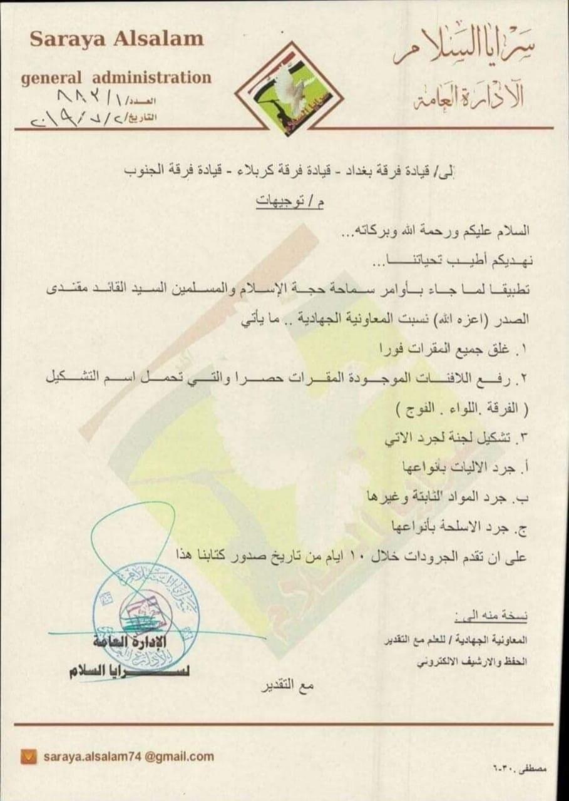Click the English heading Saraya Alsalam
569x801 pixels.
pyautogui.click(x=116, y=39)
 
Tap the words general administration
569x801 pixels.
pyautogui.click(x=116, y=78)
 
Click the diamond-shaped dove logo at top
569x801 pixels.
pyautogui.click(x=292, y=89)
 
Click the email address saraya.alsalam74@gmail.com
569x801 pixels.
pyautogui.click(x=128, y=757)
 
